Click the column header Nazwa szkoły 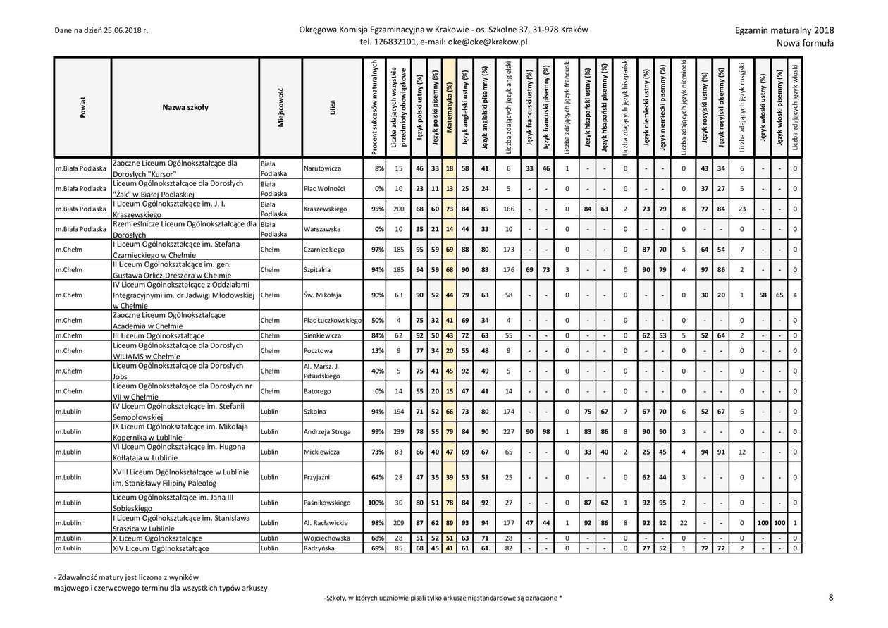[185, 107]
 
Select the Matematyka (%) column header [449, 107]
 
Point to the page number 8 [831, 598]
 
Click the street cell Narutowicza [322, 168]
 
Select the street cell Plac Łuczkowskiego [332, 321]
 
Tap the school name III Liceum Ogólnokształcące [159, 336]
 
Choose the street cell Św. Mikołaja [322, 295]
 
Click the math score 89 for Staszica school [449, 523]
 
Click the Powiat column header [82, 107]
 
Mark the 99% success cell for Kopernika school [377, 431]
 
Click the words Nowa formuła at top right [805, 43]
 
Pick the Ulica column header [332, 107]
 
